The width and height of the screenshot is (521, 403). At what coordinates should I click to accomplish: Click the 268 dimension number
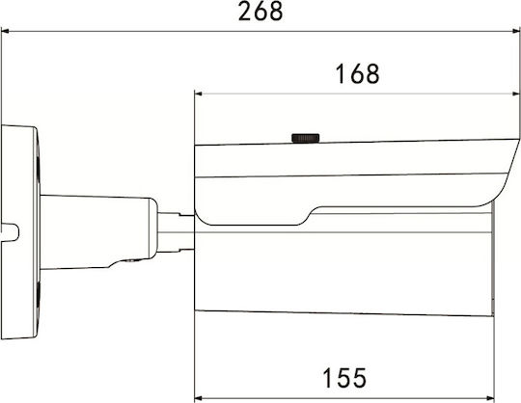click(x=260, y=12)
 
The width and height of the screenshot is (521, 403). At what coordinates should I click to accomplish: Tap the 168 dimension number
click(x=357, y=73)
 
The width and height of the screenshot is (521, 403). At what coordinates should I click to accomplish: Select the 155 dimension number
click(x=344, y=378)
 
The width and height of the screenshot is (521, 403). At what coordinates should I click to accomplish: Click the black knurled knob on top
click(x=306, y=138)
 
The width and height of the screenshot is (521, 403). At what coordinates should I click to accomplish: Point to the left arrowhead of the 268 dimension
click(x=6, y=32)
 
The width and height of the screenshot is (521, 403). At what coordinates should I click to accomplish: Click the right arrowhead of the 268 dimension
click(x=515, y=32)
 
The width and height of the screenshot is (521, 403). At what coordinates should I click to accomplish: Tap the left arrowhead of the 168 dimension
click(x=199, y=94)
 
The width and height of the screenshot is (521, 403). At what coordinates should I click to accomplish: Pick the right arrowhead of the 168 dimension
click(x=515, y=94)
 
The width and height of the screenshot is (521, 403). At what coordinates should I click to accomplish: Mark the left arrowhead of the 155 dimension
click(x=199, y=397)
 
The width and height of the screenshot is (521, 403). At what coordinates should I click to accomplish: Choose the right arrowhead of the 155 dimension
click(x=490, y=397)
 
